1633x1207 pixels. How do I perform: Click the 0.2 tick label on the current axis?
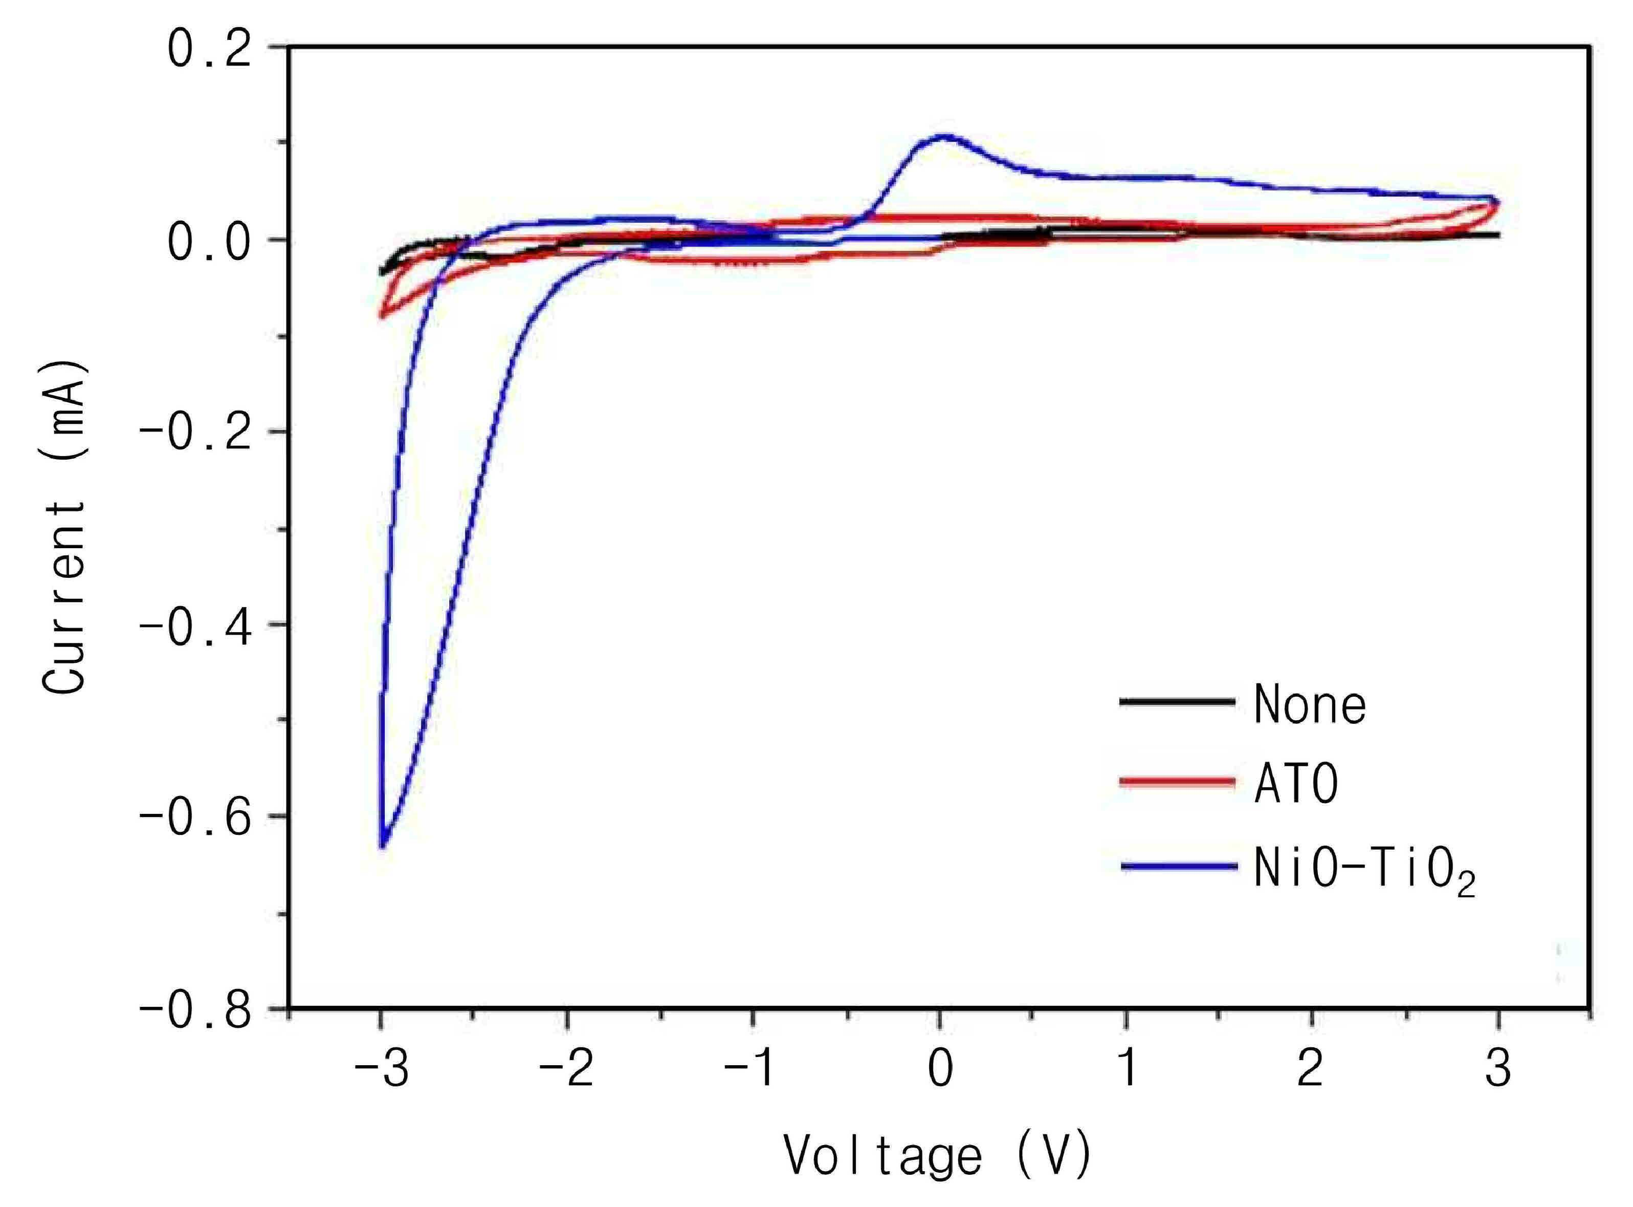click(210, 49)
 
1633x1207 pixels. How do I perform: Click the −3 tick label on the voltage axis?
click(381, 1069)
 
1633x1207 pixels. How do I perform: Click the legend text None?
click(1310, 704)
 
